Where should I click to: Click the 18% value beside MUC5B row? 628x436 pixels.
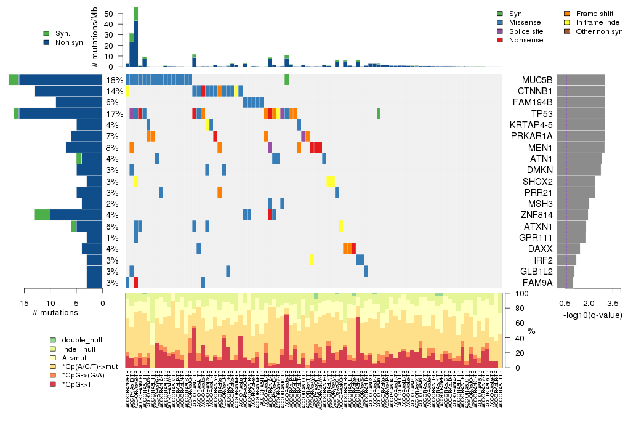click(114, 80)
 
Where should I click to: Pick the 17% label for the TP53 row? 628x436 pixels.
click(114, 113)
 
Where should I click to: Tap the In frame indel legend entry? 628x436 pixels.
click(595, 22)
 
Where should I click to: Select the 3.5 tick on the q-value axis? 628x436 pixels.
click(613, 304)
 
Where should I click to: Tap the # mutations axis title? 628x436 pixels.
click(55, 312)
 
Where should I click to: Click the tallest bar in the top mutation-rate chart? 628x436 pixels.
click(135, 37)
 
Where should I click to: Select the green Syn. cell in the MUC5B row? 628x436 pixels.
click(287, 80)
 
